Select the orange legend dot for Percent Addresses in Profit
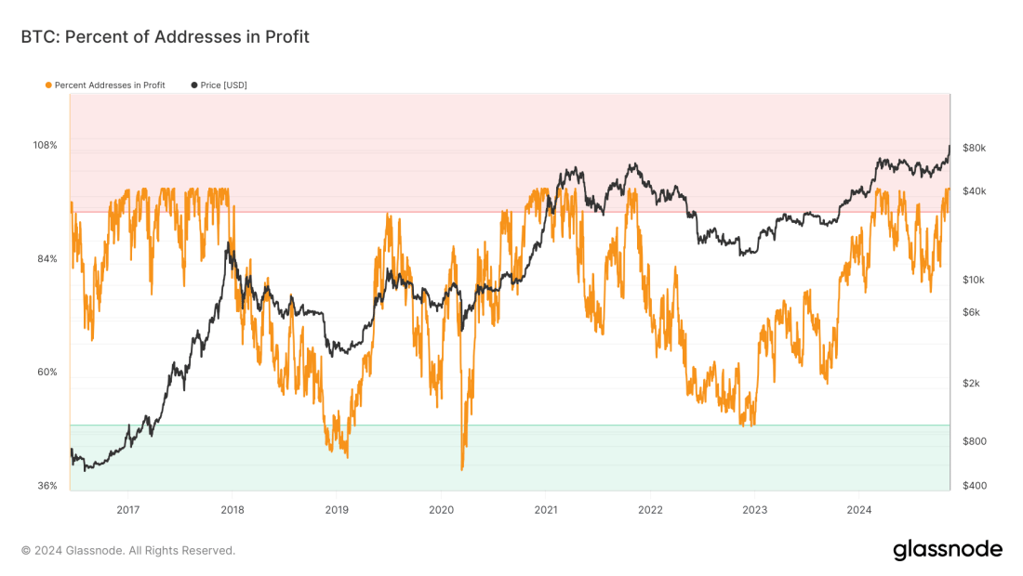(x=48, y=85)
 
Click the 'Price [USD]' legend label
(x=224, y=85)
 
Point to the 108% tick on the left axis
(x=46, y=146)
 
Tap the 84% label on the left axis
(x=47, y=259)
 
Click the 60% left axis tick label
(x=47, y=373)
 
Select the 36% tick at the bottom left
(x=47, y=486)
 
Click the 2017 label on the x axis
(x=128, y=509)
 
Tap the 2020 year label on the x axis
(x=441, y=509)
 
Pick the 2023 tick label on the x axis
(x=754, y=509)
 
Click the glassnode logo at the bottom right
(x=948, y=550)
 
